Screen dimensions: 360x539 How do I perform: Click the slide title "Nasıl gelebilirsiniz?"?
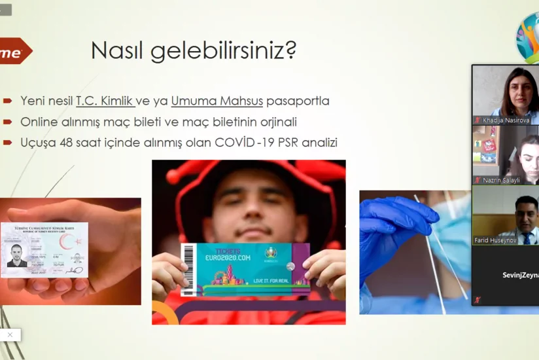194,50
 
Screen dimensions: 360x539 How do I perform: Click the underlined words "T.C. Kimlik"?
105,101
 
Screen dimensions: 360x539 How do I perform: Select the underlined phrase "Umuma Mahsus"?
217,101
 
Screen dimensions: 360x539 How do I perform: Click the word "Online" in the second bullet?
39,122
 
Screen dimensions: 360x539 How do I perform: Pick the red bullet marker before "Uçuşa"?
8,142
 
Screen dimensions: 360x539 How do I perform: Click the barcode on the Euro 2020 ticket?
188,268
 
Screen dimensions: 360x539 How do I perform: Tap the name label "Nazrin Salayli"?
502,180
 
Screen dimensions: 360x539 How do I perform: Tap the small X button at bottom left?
10,334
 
